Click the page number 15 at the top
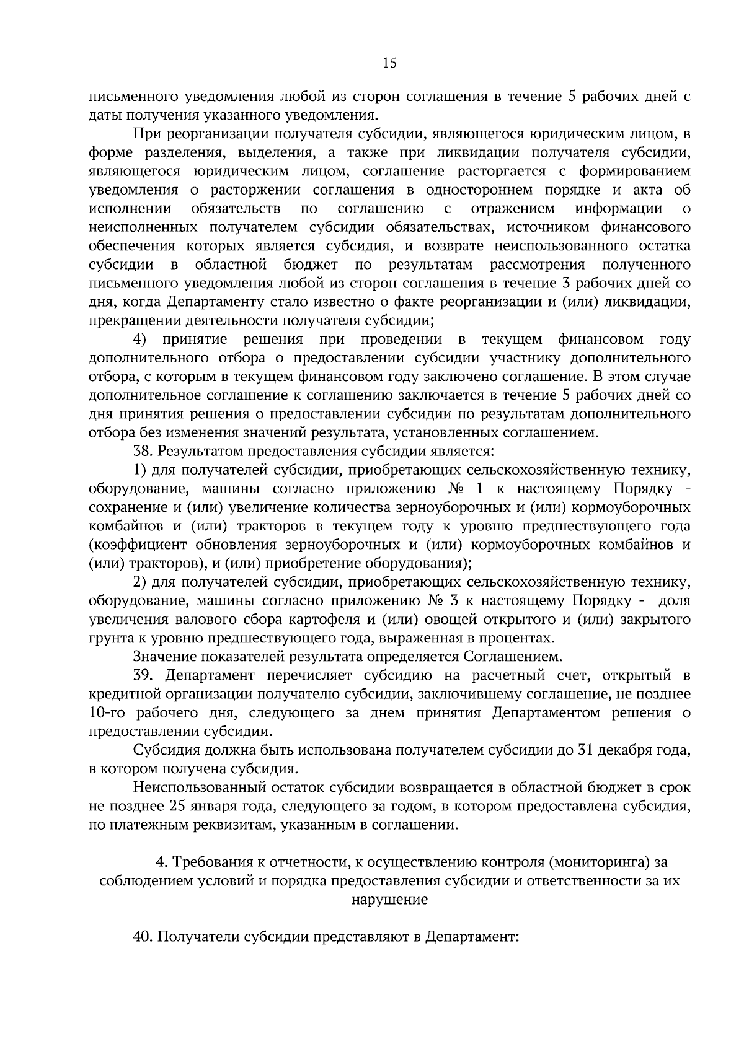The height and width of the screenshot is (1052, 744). tap(390, 63)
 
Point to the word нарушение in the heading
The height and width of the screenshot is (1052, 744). tap(390, 900)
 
